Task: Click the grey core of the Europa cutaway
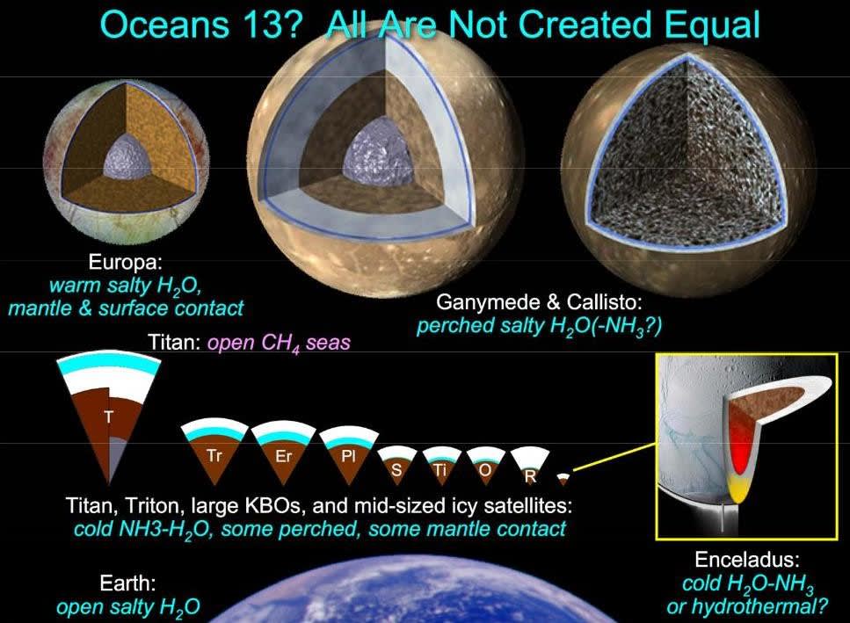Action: [127, 156]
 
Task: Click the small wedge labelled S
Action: [396, 464]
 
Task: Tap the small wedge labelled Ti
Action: [440, 465]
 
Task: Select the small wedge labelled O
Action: [486, 465]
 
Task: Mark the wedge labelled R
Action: [530, 466]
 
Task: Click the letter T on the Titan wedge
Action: [109, 417]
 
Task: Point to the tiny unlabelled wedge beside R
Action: [563, 478]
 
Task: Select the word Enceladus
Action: [747, 559]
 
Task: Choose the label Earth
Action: [127, 583]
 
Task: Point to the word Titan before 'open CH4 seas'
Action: [175, 342]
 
